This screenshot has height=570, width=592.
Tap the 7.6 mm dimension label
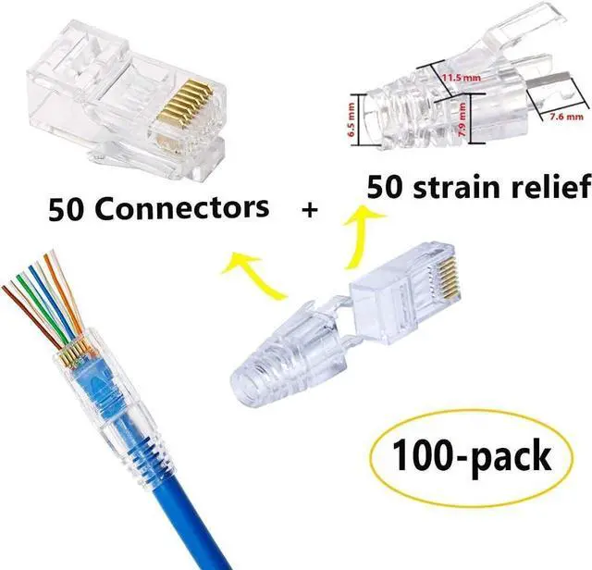point(561,118)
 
